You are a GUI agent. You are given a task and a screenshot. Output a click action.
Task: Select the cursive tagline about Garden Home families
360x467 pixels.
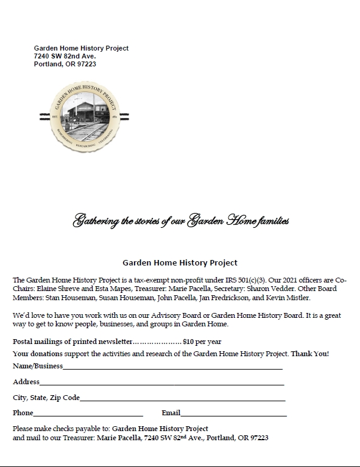[180, 220]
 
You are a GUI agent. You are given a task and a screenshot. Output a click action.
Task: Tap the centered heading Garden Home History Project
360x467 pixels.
[180, 264]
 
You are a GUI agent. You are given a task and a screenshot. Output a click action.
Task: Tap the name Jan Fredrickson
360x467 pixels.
[231, 298]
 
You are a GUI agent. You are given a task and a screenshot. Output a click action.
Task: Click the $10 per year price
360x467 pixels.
[202, 342]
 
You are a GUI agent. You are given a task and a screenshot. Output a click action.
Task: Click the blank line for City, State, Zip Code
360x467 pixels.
[182, 400]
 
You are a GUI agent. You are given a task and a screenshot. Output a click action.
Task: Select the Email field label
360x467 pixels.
[171, 413]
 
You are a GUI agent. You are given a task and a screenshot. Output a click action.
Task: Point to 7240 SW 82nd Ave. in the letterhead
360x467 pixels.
[65, 56]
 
